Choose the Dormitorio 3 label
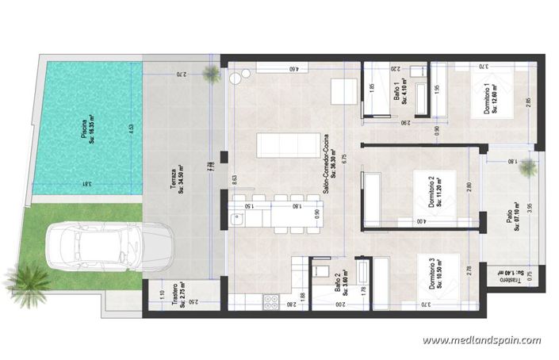click(x=434, y=274)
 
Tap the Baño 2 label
click(x=339, y=282)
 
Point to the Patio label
click(x=512, y=219)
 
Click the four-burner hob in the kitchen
click(x=270, y=301)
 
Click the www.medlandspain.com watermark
click(x=481, y=341)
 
